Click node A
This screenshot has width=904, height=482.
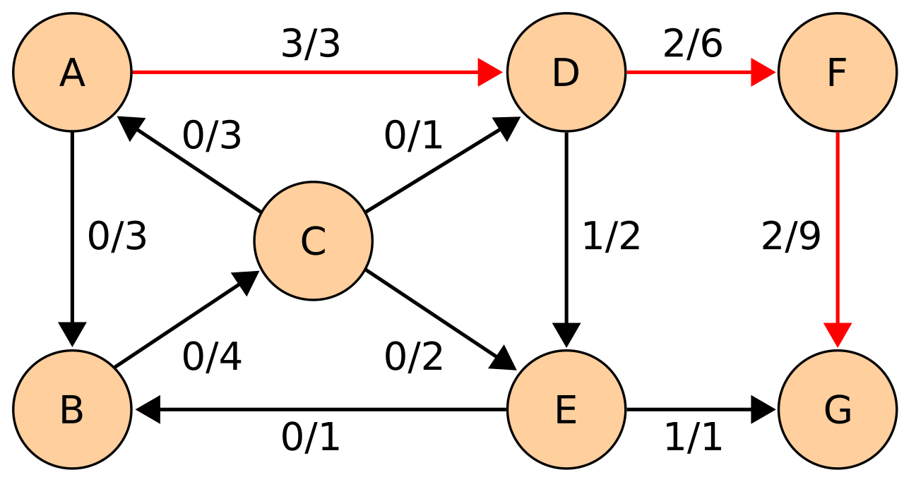click(72, 72)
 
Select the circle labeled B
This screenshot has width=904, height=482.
click(72, 409)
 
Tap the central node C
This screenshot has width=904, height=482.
click(313, 241)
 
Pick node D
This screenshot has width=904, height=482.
click(566, 72)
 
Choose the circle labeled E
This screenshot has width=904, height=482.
click(566, 409)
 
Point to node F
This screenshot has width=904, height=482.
click(838, 72)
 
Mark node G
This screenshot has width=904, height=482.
click(838, 409)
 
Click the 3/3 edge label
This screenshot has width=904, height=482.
click(310, 44)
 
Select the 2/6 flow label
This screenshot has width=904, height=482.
click(693, 43)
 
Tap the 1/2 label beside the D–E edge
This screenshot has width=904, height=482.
click(611, 236)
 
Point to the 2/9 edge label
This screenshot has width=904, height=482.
click(791, 236)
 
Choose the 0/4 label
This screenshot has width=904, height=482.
click(212, 356)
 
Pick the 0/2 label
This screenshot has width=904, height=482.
click(414, 356)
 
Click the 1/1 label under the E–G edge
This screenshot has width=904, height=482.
click(693, 438)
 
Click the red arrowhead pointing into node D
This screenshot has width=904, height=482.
click(490, 72)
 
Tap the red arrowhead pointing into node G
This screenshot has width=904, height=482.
click(838, 335)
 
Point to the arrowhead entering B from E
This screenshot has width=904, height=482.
click(148, 409)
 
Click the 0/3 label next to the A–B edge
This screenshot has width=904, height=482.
click(117, 236)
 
